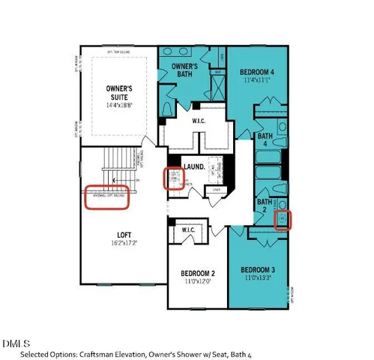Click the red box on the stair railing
tap(106, 197)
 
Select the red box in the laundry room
tap(173, 178)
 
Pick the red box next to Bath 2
tap(284, 220)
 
